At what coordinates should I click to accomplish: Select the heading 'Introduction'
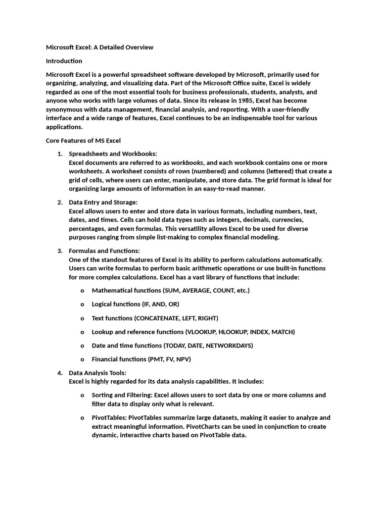click(64, 61)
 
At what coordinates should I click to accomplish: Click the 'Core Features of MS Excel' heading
click(83, 141)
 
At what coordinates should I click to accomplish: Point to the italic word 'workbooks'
click(187, 163)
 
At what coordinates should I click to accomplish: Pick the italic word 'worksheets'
click(86, 171)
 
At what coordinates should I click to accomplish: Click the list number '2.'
click(60, 202)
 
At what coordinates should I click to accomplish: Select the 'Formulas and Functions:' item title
click(104, 251)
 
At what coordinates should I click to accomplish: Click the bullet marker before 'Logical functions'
click(82, 304)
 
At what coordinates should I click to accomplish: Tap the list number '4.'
click(60, 373)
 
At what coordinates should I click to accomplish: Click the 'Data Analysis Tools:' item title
click(97, 373)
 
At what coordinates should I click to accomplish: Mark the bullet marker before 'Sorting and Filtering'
click(82, 396)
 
